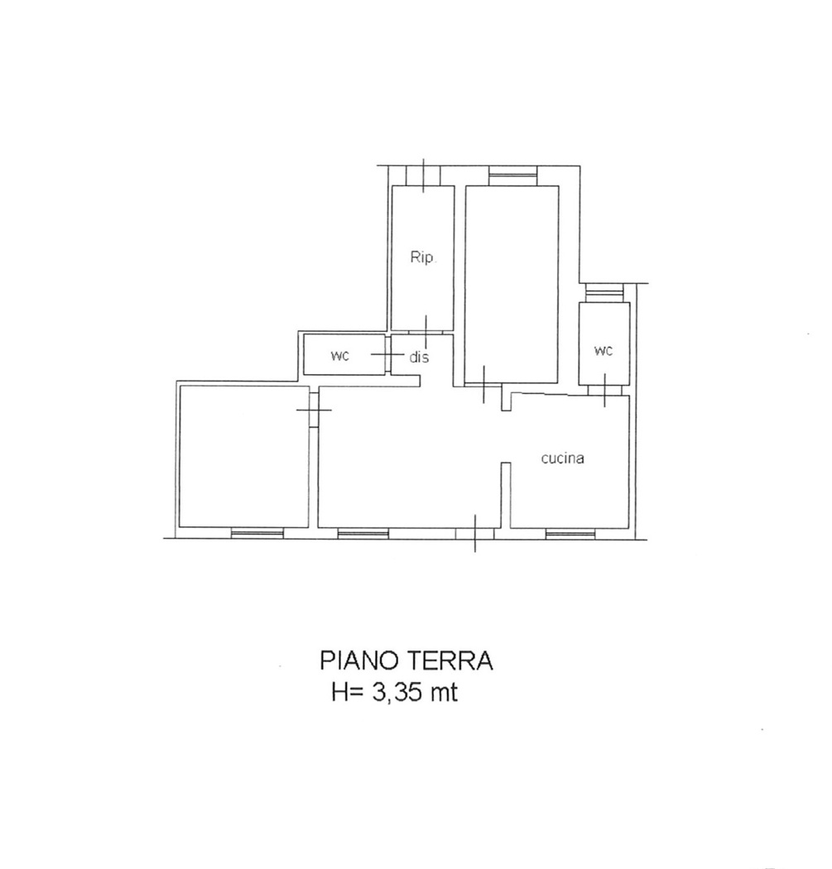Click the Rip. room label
[424, 257]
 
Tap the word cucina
[563, 459]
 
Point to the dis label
[419, 358]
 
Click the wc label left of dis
[340, 356]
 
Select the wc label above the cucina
[604, 350]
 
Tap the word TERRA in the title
[450, 660]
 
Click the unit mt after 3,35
[441, 693]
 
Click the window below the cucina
[570, 533]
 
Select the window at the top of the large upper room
[512, 176]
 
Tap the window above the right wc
[604, 293]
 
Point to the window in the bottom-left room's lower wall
[257, 533]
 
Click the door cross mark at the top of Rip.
[424, 175]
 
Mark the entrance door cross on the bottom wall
[475, 533]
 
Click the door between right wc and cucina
[604, 390]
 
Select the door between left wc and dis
[387, 354]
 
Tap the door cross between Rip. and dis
[426, 333]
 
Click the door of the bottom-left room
[314, 410]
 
